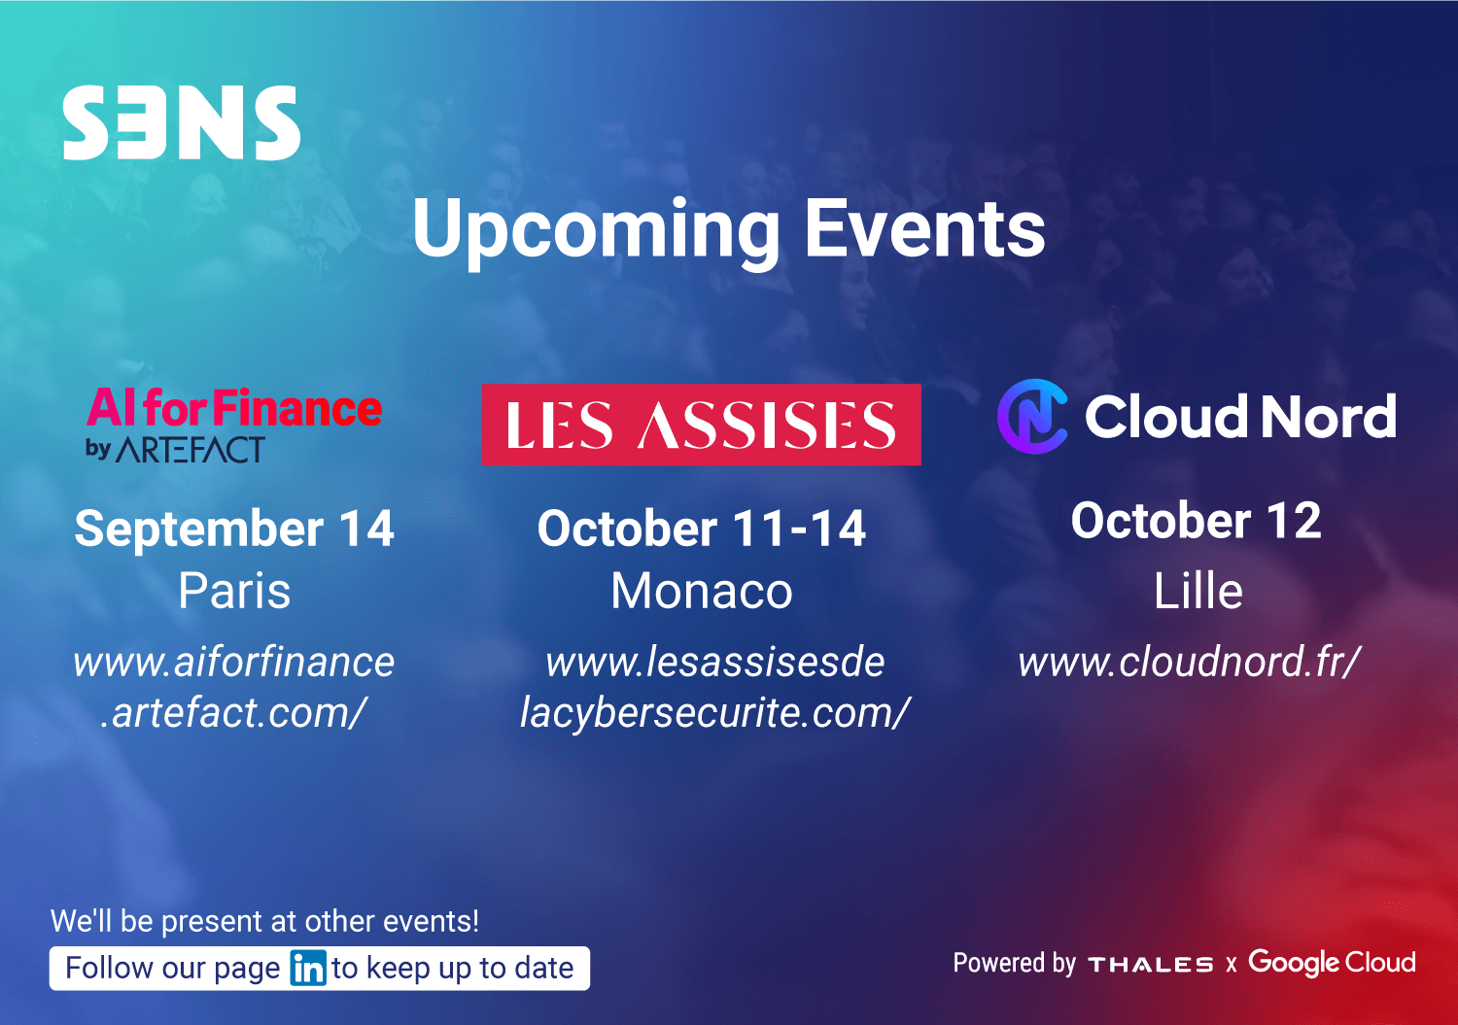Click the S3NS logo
click(x=182, y=122)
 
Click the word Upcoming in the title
click(x=596, y=232)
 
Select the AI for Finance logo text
click(x=234, y=407)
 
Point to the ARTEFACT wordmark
click(x=191, y=450)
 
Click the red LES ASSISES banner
click(x=702, y=425)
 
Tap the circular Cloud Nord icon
click(x=1032, y=417)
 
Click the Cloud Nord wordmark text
click(x=1240, y=417)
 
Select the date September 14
click(x=234, y=528)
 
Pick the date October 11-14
click(x=702, y=528)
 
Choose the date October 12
click(x=1197, y=521)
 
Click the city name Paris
click(x=234, y=591)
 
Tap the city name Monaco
click(x=702, y=591)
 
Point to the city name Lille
click(x=1198, y=591)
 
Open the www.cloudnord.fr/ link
click(x=1189, y=662)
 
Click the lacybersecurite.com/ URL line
click(x=714, y=713)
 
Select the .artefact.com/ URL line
click(x=234, y=713)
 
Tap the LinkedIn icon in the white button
click(x=308, y=968)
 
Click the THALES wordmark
click(x=1151, y=965)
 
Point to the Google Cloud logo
click(x=1332, y=963)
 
